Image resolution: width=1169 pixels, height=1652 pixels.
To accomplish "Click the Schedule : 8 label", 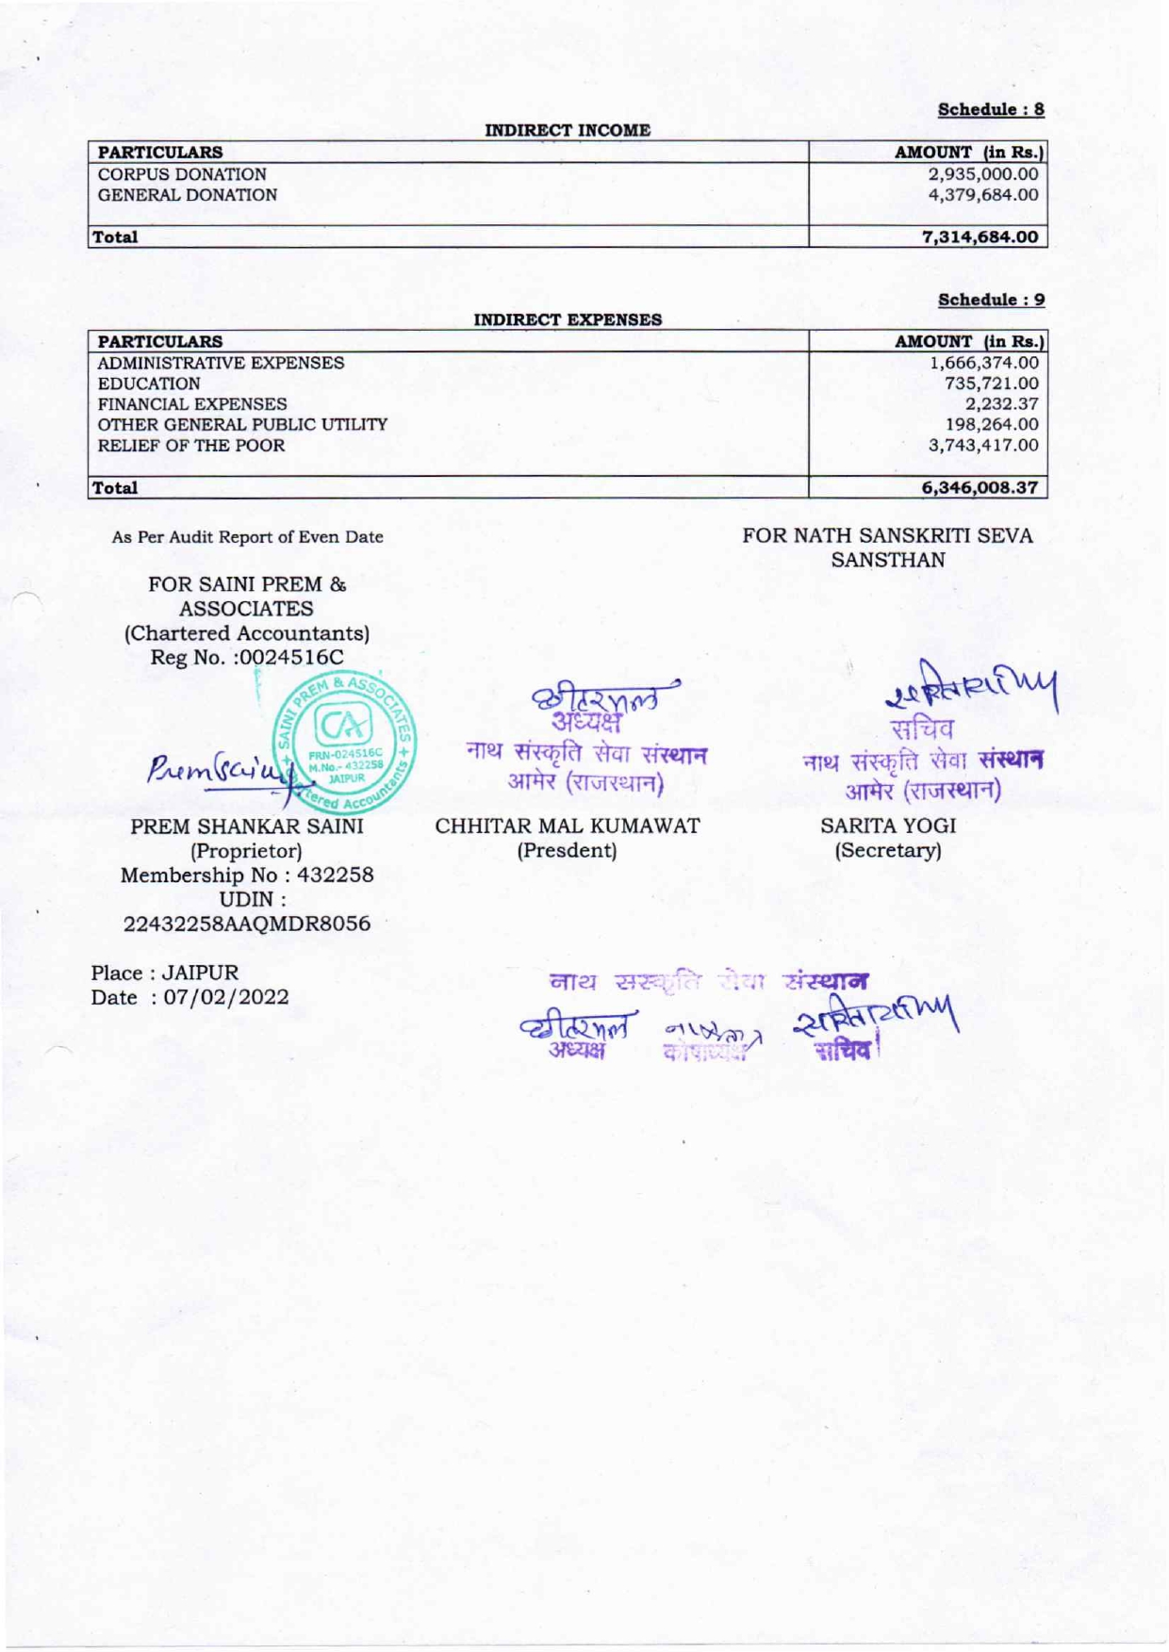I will (991, 109).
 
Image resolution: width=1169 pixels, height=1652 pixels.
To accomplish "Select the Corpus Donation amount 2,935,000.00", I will (983, 174).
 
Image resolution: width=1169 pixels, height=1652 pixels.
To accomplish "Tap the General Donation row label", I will (188, 195).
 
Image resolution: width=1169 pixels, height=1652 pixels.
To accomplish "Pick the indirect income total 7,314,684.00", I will (980, 237).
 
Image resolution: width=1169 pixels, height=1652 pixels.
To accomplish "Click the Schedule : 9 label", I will (991, 300).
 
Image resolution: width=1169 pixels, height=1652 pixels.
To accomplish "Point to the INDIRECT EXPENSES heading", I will (568, 320).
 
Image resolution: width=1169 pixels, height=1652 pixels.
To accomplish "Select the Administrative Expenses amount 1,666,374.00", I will (984, 363).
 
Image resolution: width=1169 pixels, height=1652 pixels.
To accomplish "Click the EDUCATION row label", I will (149, 384).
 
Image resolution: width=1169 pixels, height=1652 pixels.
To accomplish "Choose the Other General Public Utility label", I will (242, 425).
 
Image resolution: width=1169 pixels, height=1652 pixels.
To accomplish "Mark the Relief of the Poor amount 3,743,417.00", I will (984, 446).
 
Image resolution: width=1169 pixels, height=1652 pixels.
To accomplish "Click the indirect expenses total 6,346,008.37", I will (980, 488).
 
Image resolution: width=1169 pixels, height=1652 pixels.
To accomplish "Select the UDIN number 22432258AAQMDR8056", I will (247, 924).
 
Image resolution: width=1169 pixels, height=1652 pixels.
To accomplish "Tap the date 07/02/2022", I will (226, 997).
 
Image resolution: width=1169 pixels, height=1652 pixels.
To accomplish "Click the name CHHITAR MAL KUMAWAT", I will (568, 826).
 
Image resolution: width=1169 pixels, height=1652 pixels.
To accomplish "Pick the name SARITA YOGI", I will (888, 826).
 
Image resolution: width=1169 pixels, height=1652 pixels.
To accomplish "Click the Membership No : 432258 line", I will (247, 875).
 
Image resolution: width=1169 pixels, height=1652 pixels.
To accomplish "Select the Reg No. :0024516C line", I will (247, 657).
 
